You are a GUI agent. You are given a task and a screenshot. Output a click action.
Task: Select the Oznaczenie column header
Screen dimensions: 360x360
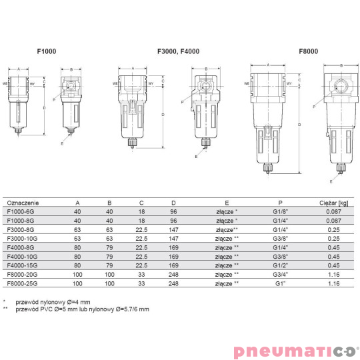22,202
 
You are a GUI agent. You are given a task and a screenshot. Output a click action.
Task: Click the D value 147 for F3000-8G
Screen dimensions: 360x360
174,229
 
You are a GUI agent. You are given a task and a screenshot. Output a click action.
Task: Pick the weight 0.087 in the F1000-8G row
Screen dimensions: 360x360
337,220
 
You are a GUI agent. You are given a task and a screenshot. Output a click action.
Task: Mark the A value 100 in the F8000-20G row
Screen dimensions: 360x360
77,273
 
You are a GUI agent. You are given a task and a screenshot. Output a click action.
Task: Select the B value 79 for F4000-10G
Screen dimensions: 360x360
110,255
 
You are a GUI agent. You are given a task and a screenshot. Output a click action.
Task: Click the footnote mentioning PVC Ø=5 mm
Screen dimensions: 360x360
79,309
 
